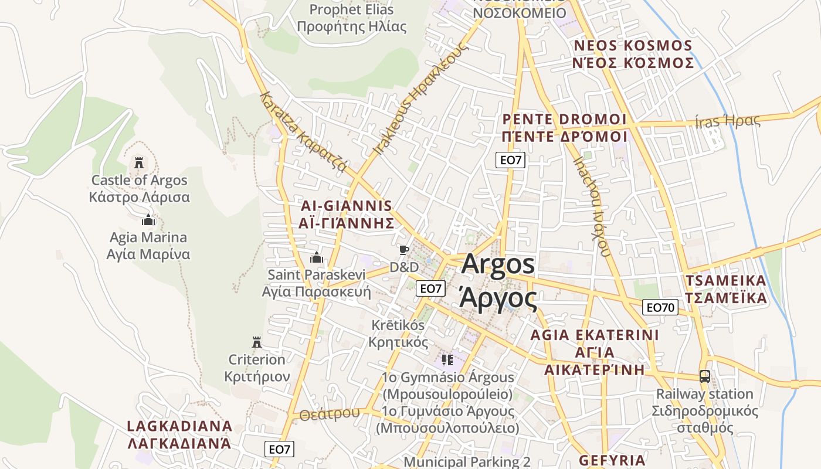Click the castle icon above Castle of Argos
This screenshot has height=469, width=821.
pyautogui.click(x=139, y=162)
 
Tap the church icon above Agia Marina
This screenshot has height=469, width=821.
pyautogui.click(x=148, y=220)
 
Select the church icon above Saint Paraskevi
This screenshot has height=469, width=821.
pyautogui.click(x=317, y=257)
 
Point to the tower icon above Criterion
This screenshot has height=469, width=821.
pyautogui.click(x=256, y=342)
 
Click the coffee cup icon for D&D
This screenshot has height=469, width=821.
pyautogui.click(x=403, y=250)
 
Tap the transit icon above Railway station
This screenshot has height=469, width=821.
pyautogui.click(x=704, y=376)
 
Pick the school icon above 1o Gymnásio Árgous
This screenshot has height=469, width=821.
pyautogui.click(x=447, y=359)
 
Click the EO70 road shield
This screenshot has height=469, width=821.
pyautogui.click(x=661, y=307)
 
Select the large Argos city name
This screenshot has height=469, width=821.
pyautogui.click(x=498, y=281)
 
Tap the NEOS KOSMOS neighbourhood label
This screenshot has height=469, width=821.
pyautogui.click(x=633, y=54)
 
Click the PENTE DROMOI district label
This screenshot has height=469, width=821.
pyautogui.click(x=565, y=128)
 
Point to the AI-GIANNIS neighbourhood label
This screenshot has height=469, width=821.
pyautogui.click(x=345, y=214)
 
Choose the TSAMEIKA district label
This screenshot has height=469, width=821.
pyautogui.click(x=726, y=289)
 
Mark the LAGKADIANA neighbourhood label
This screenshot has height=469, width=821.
pyautogui.click(x=179, y=434)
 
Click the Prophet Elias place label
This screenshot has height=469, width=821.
pyautogui.click(x=351, y=18)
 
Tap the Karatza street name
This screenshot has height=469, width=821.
pyautogui.click(x=303, y=131)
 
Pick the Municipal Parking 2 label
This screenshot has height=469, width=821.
pyautogui.click(x=467, y=462)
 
